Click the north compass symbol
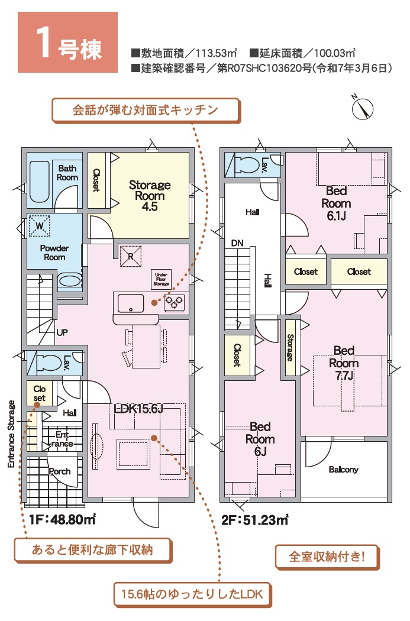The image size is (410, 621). pyautogui.click(x=362, y=108)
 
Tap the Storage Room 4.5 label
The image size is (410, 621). pyautogui.click(x=150, y=196)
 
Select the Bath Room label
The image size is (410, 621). pyautogui.click(x=67, y=173)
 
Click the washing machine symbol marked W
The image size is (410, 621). pyautogui.click(x=39, y=226)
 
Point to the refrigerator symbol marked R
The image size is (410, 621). pyautogui.click(x=131, y=256)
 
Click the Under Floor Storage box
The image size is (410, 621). pyautogui.click(x=162, y=279)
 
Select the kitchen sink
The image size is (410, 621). pyautogui.click(x=130, y=303)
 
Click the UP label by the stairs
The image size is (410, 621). pyautogui.click(x=62, y=332)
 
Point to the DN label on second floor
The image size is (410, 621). pyautogui.click(x=237, y=243)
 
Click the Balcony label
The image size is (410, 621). pyautogui.click(x=344, y=470)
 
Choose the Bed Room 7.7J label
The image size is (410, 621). pyautogui.click(x=344, y=363)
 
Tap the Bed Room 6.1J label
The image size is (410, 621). pyautogui.click(x=336, y=203)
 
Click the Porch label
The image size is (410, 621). pyautogui.click(x=59, y=471)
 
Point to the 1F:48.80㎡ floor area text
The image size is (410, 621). pyautogui.click(x=62, y=519)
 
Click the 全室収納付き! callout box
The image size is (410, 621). pyautogui.click(x=327, y=557)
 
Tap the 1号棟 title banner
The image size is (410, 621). pyautogui.click(x=67, y=43)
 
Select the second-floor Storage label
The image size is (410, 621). pyautogui.click(x=290, y=348)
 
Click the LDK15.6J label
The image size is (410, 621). pyautogui.click(x=138, y=409)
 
